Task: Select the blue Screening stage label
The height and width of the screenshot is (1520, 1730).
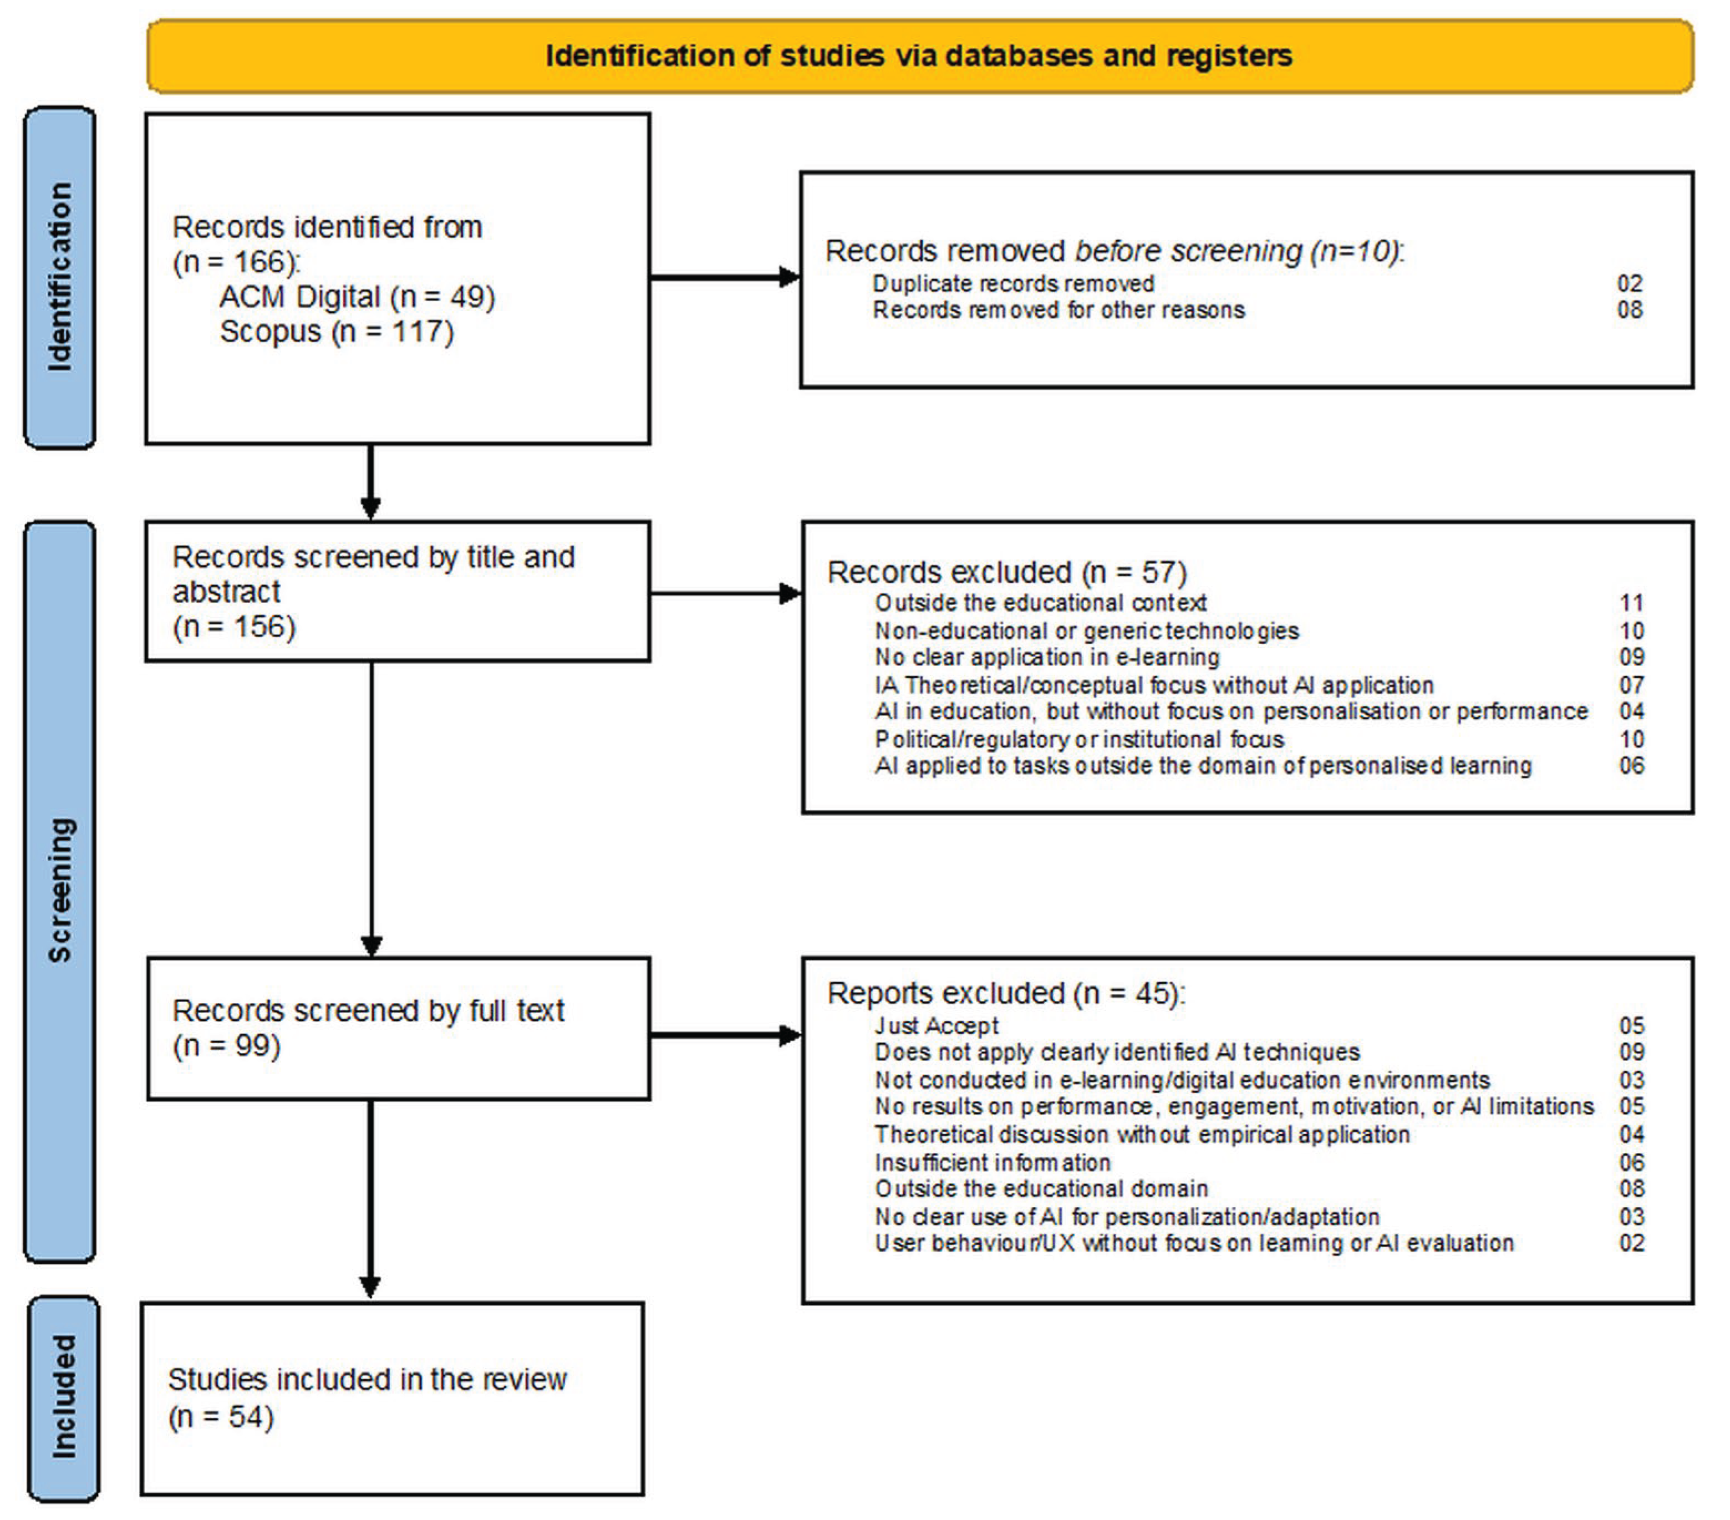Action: [x=59, y=891]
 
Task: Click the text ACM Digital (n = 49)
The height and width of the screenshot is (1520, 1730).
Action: [x=357, y=297]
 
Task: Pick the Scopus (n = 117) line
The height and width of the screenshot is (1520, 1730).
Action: [x=337, y=332]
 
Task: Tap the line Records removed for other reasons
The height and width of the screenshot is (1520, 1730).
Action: [x=1059, y=310]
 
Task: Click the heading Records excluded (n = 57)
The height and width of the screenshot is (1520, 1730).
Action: [x=1007, y=572]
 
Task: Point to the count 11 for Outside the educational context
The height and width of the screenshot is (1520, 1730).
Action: [x=1631, y=603]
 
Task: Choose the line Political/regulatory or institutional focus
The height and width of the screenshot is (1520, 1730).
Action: [x=1079, y=740]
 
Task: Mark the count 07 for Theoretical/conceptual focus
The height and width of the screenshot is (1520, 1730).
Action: [x=1631, y=685]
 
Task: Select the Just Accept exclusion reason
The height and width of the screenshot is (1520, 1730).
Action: [x=936, y=1026]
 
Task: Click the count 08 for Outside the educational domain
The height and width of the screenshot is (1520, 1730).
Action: [x=1631, y=1188]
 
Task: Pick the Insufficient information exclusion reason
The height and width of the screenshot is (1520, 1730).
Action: [x=992, y=1163]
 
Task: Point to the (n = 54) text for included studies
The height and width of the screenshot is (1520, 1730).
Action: [x=221, y=1417]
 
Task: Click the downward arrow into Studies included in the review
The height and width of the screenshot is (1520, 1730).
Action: [x=370, y=1198]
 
